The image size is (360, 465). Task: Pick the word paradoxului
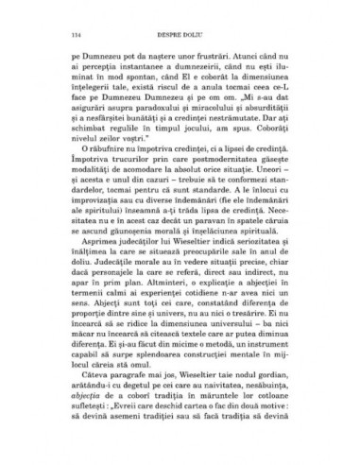[x=163, y=119]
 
